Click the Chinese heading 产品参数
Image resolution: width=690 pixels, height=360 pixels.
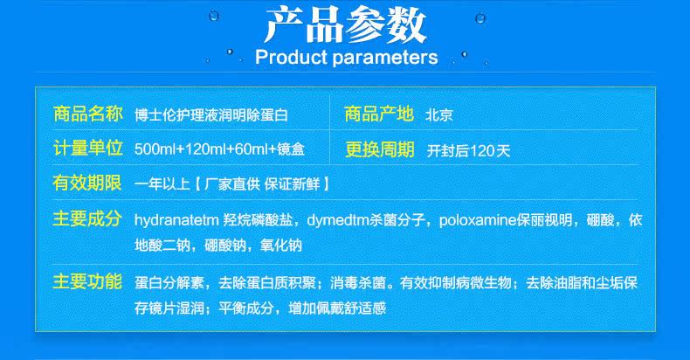click(346, 25)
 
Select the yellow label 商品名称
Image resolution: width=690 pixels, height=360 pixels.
click(87, 114)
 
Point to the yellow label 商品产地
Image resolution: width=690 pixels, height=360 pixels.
click(379, 114)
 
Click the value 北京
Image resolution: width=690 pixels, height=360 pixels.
click(438, 115)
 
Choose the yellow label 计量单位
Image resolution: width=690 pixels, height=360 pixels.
click(87, 149)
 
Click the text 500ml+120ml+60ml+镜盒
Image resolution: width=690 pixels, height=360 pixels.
click(219, 149)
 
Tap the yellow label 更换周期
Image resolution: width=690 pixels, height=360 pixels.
click(379, 149)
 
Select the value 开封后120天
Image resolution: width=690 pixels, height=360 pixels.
click(468, 151)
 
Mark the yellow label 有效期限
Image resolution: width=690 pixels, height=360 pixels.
click(87, 183)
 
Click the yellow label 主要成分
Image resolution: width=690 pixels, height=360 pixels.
click(87, 218)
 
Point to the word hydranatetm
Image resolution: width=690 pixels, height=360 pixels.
click(176, 220)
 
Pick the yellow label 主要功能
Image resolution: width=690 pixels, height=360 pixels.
click(87, 281)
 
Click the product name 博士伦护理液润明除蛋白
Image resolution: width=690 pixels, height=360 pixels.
click(211, 115)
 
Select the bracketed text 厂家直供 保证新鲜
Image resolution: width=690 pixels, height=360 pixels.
click(262, 184)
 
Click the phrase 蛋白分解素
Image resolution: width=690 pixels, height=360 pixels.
click(169, 283)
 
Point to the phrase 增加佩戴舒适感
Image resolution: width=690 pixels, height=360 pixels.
click(337, 308)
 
